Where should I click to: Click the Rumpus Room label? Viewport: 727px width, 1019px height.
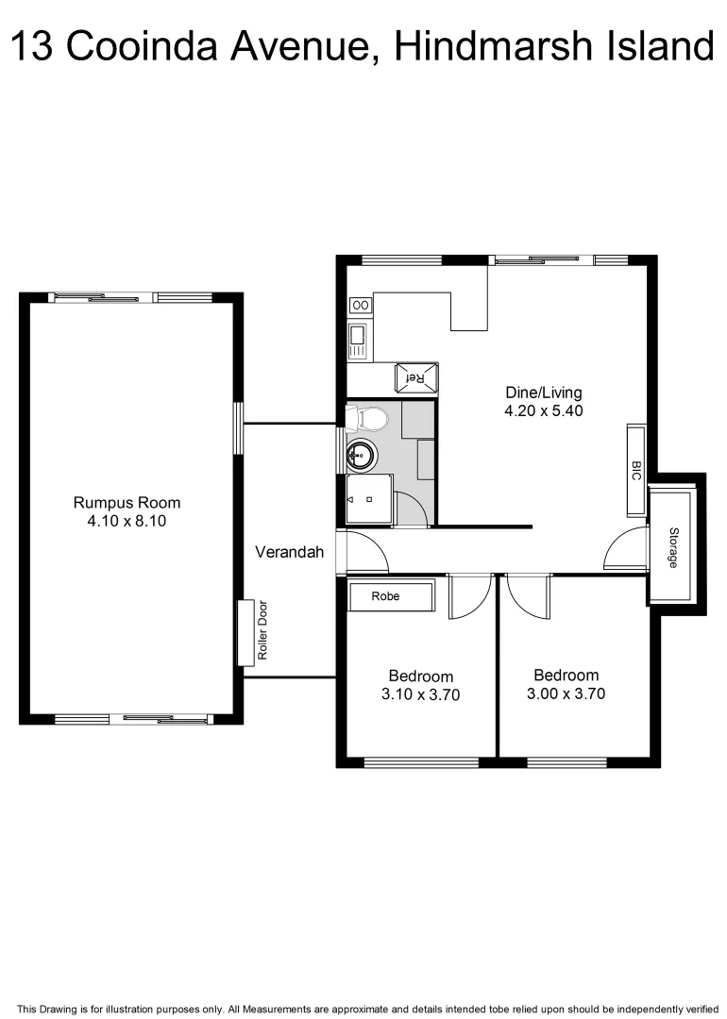[127, 502]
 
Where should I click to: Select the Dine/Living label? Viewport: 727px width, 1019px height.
[544, 393]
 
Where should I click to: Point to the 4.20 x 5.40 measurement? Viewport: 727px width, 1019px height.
[544, 410]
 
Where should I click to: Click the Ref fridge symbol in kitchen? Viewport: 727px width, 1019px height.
[416, 376]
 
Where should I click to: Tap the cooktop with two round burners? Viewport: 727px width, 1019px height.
[361, 305]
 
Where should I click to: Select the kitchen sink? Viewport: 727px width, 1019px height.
[359, 340]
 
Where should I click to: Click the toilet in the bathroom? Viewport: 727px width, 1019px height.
[367, 418]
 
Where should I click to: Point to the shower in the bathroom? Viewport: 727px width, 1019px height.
[368, 498]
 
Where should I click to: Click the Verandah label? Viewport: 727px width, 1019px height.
[289, 552]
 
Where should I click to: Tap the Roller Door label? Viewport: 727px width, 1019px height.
[263, 630]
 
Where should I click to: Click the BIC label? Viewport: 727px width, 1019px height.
[636, 470]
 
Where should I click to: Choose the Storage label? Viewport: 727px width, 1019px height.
[673, 547]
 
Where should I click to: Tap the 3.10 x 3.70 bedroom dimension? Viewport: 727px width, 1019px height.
[420, 694]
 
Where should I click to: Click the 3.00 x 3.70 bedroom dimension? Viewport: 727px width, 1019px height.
[566, 693]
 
